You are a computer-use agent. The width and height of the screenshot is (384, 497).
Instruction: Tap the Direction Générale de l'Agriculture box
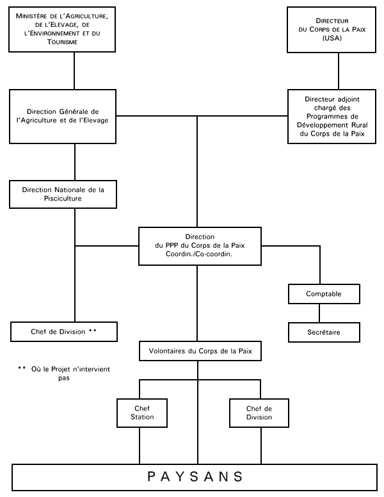point(62,117)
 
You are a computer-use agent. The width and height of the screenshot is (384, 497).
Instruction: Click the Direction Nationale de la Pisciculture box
point(62,194)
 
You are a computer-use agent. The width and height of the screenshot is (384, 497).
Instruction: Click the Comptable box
point(323,294)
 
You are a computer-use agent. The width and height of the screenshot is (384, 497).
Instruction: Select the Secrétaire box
point(323,332)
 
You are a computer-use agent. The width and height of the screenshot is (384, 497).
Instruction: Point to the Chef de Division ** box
point(63,332)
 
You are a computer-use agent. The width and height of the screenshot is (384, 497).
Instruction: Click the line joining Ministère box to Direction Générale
point(75,70)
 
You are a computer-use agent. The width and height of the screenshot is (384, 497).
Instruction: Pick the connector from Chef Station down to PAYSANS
point(140,446)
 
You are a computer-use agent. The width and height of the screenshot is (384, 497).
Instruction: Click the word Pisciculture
point(62,199)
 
